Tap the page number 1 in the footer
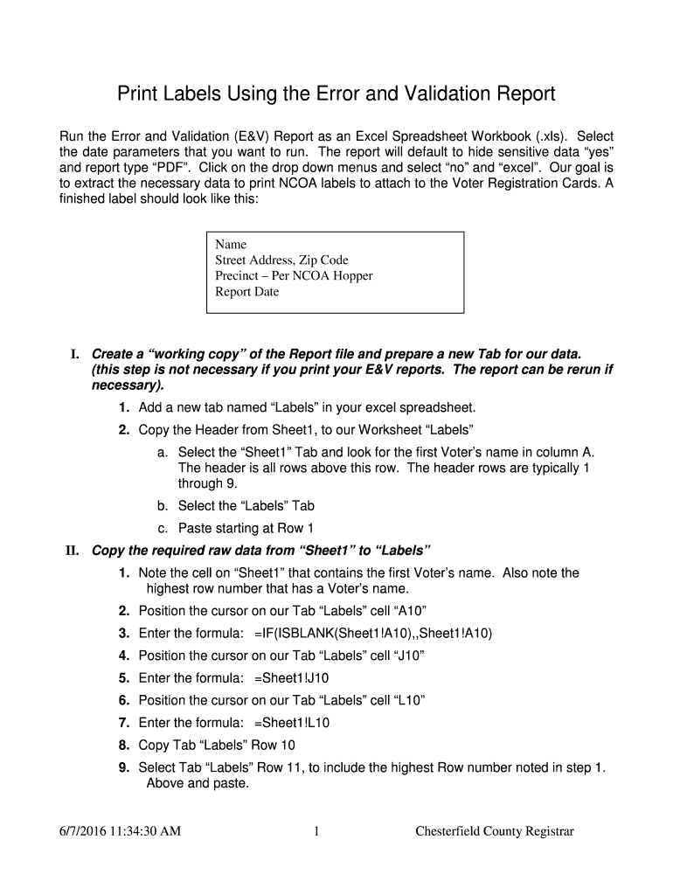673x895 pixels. pos(315,831)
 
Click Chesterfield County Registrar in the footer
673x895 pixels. pos(494,831)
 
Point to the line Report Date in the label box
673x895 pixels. pos(247,292)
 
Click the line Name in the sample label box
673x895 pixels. pos(231,244)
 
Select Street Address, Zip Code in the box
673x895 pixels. pos(281,260)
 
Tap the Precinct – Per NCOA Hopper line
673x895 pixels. pos(294,276)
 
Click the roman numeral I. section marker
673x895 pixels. pos(76,354)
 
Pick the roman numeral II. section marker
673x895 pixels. pos(73,551)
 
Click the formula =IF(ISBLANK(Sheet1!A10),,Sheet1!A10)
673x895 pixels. pos(373,633)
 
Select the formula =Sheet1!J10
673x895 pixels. pos(292,677)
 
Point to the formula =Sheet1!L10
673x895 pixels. pos(292,723)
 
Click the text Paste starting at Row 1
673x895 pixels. pos(246,528)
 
